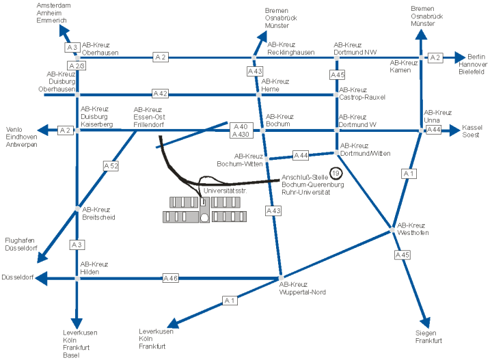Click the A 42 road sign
tap(160, 94)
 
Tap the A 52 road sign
tap(111, 166)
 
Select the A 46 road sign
tap(171, 278)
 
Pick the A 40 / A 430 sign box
tap(241, 130)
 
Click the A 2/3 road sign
tap(77, 66)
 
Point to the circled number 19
tap(336, 173)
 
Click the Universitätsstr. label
tap(225, 191)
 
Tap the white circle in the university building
tap(204, 218)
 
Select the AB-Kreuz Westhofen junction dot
tap(392, 230)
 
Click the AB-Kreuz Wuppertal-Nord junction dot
tap(281, 278)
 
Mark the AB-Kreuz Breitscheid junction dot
tap(77, 209)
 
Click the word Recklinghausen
tap(291, 53)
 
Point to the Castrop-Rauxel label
tap(362, 97)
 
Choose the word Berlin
tap(476, 57)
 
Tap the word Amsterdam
tap(54, 5)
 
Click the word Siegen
tap(426, 333)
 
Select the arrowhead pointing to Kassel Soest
tap(454, 130)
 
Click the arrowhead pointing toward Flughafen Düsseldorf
tap(42, 257)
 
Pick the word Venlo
tap(14, 130)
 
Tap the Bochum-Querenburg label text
tap(313, 184)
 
